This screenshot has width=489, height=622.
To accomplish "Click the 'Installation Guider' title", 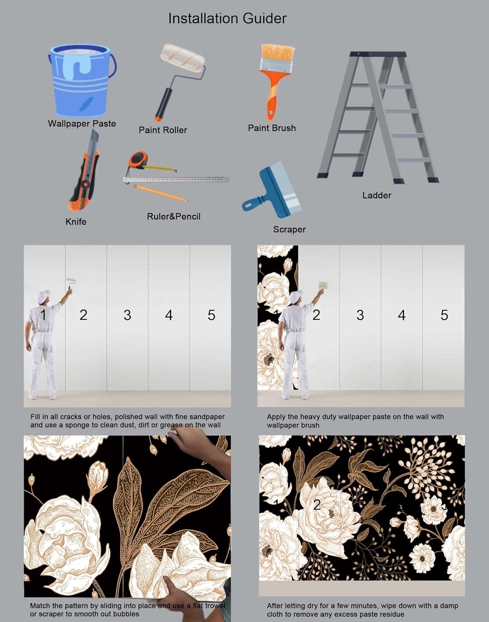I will coord(227,18).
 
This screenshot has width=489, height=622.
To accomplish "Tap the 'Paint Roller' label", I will coord(163,130).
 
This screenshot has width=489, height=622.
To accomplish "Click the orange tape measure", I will coord(138,160).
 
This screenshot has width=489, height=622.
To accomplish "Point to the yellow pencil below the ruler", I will coord(161,193).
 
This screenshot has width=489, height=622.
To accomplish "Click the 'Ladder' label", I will coord(376,195).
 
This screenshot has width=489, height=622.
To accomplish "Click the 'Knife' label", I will coord(76,221).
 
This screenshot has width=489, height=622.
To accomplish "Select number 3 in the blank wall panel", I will coord(127,315).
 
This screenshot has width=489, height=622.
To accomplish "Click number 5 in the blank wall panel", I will coord(211,315).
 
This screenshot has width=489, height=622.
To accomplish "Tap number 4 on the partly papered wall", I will coord(401,315).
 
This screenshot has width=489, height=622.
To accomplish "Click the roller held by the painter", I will coord(71,283).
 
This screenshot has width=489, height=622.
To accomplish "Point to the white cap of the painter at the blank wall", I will coord(43,296).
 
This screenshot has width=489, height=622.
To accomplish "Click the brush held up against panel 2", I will coord(323,286).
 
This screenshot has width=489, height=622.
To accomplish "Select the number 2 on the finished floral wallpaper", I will coord(317,505).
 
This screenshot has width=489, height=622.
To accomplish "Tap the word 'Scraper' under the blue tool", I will coord(289,229).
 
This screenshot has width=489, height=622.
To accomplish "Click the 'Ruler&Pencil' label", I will coord(173,216).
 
